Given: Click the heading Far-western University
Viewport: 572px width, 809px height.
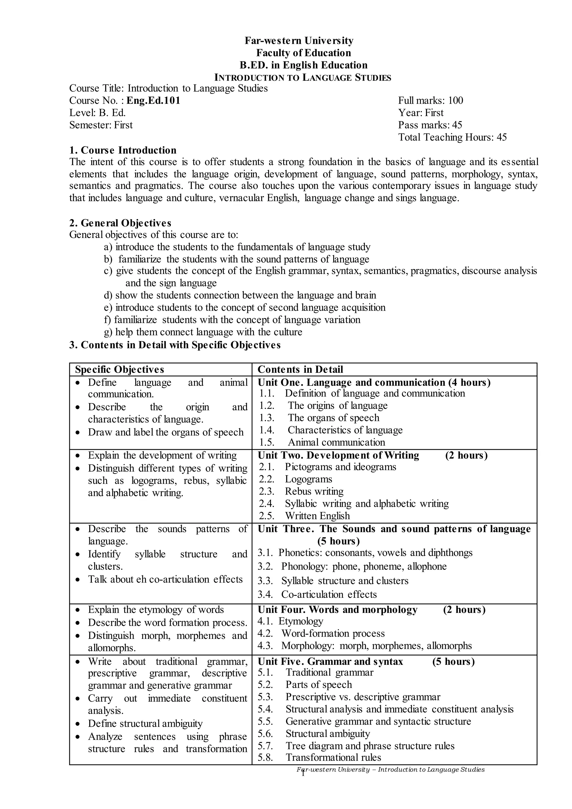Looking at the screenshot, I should [x=299, y=41].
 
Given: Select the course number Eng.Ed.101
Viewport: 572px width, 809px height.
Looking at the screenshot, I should [x=153, y=101].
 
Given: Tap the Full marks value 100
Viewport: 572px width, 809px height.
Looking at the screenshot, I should [x=456, y=101].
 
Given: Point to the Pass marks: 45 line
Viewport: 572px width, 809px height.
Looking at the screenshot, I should [x=430, y=125].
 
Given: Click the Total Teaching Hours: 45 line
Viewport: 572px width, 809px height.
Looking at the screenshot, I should [x=452, y=137].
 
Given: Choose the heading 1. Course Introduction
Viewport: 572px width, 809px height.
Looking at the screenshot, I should [x=123, y=151].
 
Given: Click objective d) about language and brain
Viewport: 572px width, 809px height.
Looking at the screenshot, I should [x=240, y=295].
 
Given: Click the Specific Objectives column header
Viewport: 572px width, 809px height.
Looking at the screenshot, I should [x=120, y=370].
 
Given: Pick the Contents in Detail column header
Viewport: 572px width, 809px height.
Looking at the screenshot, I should [x=300, y=370].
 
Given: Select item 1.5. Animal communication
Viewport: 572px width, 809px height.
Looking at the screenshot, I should [x=322, y=442].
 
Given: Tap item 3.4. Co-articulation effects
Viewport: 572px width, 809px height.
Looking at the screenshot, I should [x=317, y=594].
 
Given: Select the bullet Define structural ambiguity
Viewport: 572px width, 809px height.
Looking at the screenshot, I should [x=145, y=724].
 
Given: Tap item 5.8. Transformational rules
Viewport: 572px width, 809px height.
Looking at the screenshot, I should [x=319, y=758].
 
